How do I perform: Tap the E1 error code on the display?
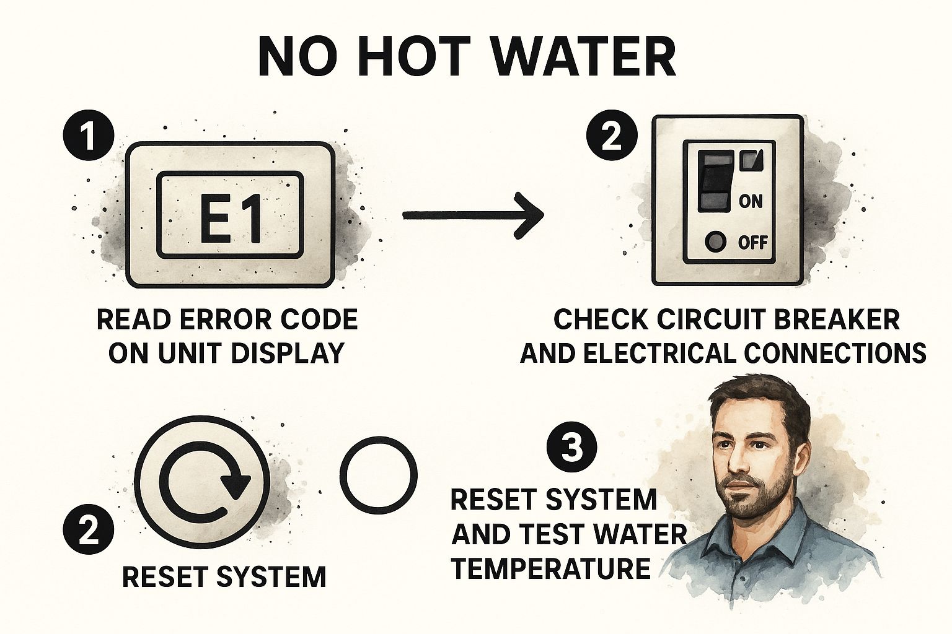pos(231,217)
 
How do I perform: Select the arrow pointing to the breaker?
pos(473,215)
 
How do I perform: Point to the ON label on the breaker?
pos(751,201)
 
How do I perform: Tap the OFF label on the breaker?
pos(752,243)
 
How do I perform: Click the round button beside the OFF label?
pos(715,242)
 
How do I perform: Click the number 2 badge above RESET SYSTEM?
pos(89,529)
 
